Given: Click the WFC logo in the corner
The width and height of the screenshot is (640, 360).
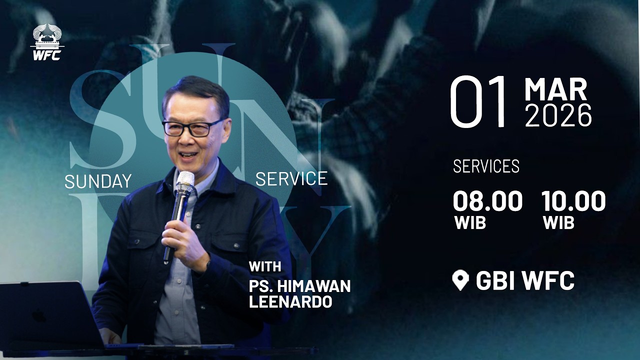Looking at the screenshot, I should point(47,42).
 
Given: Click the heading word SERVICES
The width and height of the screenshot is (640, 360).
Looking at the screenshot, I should point(486,166).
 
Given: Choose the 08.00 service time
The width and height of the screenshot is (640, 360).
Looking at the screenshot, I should point(487,201).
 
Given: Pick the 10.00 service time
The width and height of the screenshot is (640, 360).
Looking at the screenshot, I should point(573,201).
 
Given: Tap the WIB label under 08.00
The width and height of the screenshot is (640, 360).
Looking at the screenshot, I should point(470,223).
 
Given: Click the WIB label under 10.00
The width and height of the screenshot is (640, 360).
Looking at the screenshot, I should point(558,223).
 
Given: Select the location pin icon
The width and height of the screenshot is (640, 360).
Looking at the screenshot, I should point(460,280).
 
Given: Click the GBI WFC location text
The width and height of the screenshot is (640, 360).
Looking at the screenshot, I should point(525,280).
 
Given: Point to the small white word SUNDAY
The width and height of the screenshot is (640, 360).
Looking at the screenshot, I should point(98,181).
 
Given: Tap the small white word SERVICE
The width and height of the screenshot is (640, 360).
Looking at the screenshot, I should point(291,178).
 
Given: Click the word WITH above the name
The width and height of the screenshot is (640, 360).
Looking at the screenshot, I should point(265,266).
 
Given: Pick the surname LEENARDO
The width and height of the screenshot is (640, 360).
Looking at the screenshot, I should point(290,302).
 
